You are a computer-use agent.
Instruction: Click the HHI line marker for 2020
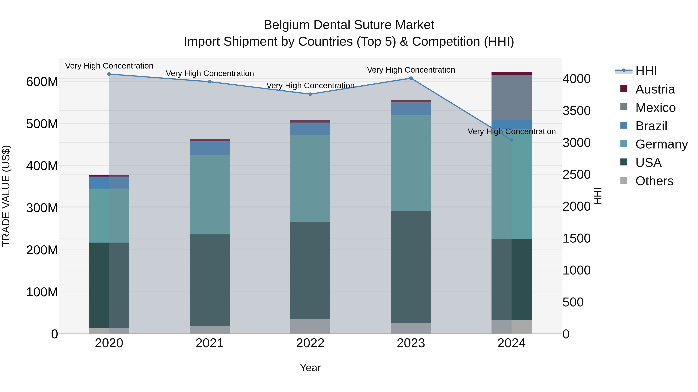109,74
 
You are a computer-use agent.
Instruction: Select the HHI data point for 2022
310,94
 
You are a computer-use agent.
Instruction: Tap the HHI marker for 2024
512,140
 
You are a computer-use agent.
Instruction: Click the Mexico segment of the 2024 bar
512,98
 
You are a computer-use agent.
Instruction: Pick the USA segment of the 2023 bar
411,267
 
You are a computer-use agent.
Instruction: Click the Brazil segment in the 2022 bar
310,129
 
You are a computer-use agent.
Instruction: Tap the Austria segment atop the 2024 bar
512,74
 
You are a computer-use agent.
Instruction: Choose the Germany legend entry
661,144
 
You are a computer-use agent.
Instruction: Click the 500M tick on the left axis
42,124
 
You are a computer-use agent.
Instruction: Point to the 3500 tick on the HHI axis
577,111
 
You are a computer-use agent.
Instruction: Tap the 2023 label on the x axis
411,343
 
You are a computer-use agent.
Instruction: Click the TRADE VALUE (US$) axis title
6,196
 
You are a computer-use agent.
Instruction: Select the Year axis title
310,368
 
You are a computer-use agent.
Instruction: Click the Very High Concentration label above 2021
210,73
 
